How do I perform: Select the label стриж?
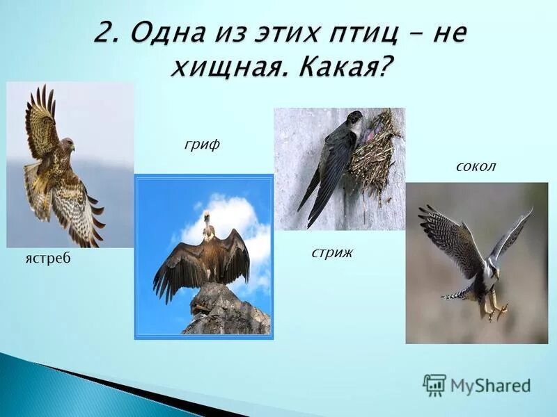tap(332, 252)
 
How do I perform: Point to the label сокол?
tap(476, 167)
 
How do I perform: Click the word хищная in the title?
tap(223, 67)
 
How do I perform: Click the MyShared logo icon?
tap(434, 385)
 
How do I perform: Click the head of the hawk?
tap(67, 145)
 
